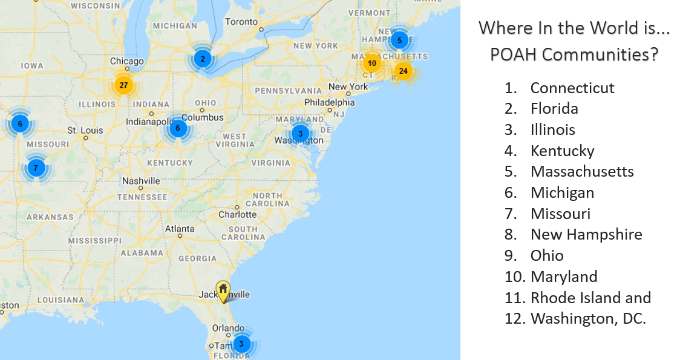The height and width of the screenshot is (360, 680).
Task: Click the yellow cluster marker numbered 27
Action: point(123,85)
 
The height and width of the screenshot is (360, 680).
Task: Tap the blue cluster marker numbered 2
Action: point(202,59)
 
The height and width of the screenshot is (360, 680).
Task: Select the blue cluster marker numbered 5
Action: point(399,41)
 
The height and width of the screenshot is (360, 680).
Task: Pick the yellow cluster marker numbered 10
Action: point(371,63)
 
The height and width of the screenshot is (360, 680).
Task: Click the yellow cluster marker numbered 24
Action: point(403,71)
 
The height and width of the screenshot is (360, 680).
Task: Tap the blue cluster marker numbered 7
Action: point(36,168)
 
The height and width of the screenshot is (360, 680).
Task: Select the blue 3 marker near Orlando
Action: point(241,344)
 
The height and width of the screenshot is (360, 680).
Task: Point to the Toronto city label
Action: point(241,22)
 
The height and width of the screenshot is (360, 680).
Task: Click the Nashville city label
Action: point(141,181)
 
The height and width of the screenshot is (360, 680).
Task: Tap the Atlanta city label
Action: point(180,229)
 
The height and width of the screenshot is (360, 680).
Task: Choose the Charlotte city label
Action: point(237,214)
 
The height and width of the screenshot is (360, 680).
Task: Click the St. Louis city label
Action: point(85,130)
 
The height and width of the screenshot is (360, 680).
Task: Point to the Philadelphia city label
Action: point(329,102)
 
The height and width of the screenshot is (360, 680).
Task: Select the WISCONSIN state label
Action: point(96,5)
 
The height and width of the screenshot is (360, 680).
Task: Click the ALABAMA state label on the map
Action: point(142,252)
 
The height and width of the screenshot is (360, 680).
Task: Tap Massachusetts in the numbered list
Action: point(582,171)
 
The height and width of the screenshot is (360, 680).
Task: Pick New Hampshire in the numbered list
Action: point(586,234)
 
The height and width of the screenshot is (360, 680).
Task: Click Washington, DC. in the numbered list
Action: point(588,318)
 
